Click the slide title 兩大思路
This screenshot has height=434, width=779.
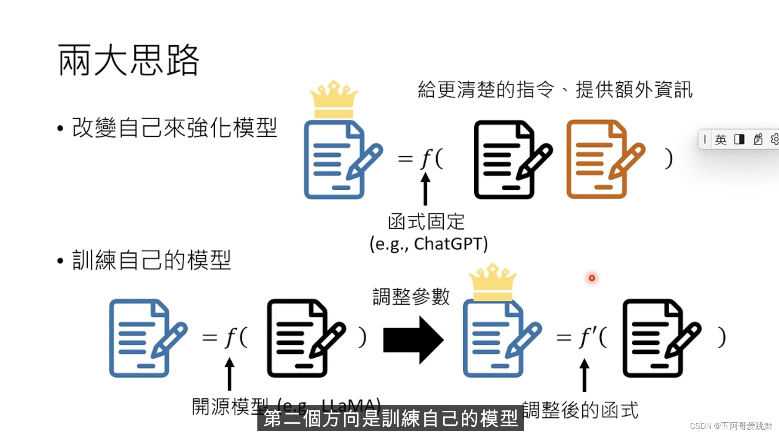[128, 60]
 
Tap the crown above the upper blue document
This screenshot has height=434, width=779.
[334, 99]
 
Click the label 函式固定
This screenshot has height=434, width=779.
[426, 222]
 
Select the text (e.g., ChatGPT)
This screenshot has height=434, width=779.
[429, 244]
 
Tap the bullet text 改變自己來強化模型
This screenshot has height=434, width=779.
[174, 128]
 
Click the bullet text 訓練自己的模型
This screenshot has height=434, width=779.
[151, 260]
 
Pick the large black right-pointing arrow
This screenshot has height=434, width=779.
[413, 340]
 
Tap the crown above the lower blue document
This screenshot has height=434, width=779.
[492, 282]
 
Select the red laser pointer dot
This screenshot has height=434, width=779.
[592, 278]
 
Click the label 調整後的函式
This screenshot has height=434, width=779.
[580, 410]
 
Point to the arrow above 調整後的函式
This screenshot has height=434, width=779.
[584, 375]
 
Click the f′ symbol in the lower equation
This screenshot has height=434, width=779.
[587, 337]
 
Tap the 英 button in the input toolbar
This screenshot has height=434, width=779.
[720, 139]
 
